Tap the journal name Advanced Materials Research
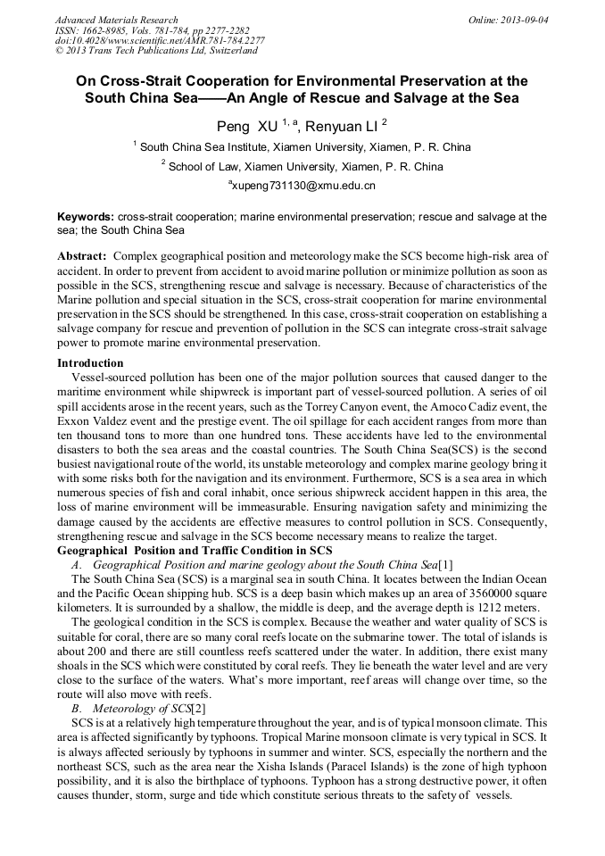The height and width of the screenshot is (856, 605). coord(116,20)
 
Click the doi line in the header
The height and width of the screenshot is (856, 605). coord(159,40)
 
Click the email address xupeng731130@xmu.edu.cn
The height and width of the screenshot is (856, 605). coord(302,186)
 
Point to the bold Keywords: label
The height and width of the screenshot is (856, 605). coord(86,217)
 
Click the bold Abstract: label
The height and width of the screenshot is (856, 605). coord(82,255)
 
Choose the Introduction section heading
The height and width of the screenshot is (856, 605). coord(90,363)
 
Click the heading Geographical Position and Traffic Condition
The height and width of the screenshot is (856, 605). coord(195,551)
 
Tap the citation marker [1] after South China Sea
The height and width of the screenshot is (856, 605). coord(446,565)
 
